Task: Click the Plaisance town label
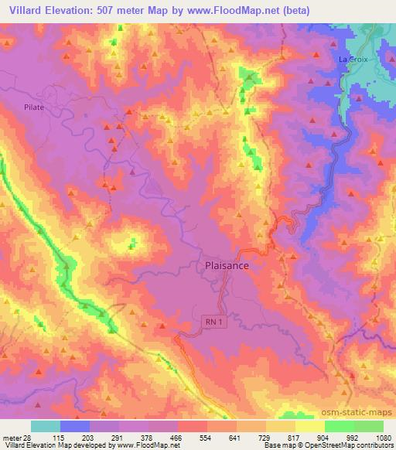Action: click(227, 265)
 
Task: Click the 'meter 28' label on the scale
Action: click(15, 437)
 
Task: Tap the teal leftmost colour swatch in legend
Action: click(46, 426)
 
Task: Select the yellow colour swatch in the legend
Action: click(310, 426)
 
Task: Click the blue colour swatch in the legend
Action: click(75, 426)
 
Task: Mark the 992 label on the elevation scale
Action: click(355, 437)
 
